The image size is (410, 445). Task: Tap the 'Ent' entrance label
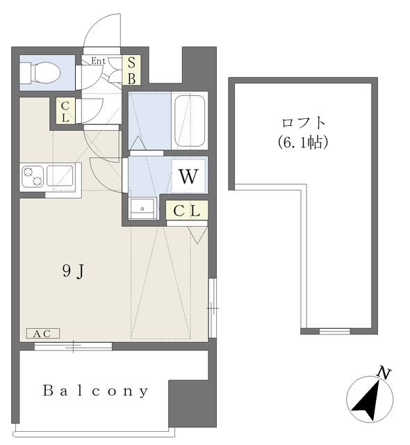click(x=99, y=60)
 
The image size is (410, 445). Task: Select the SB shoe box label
click(x=131, y=70)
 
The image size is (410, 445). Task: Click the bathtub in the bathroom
click(x=190, y=120)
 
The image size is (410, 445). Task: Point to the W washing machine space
click(x=188, y=176)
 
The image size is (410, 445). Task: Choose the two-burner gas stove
click(x=33, y=176)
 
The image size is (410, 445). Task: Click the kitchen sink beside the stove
click(x=60, y=176)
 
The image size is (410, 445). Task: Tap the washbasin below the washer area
click(x=142, y=209)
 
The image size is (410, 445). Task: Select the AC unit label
click(x=43, y=334)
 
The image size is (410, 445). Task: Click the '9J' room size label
click(x=73, y=272)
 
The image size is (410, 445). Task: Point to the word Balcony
click(x=96, y=391)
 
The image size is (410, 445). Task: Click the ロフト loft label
click(x=303, y=122)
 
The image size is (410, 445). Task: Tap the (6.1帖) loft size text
click(x=302, y=142)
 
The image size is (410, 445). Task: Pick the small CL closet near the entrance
click(x=65, y=111)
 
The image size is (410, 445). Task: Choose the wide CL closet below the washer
click(x=187, y=210)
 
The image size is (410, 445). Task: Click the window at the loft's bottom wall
click(x=335, y=331)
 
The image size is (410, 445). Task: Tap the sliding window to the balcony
click(x=73, y=346)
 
